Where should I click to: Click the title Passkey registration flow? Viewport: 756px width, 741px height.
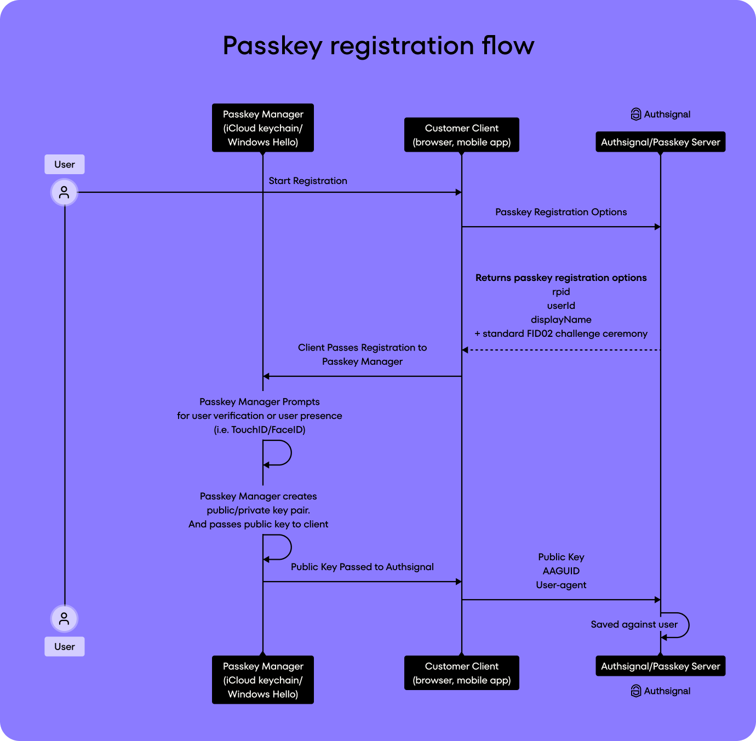pyautogui.click(x=378, y=45)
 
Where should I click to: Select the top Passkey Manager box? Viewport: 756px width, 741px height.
pyautogui.click(x=263, y=128)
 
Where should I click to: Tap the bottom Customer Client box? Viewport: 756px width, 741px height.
pyautogui.click(x=461, y=673)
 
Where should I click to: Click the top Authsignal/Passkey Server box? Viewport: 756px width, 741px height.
pyautogui.click(x=660, y=142)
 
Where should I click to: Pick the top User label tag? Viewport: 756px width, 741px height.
pyautogui.click(x=65, y=164)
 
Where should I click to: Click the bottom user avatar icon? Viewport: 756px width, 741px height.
pyautogui.click(x=65, y=618)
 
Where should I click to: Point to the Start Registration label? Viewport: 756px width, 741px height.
pyautogui.click(x=308, y=181)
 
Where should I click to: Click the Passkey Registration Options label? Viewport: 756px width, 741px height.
pyautogui.click(x=561, y=212)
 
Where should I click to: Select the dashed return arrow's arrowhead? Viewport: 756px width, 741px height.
pyautogui.click(x=465, y=350)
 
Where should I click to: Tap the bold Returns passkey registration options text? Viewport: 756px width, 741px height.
pyautogui.click(x=561, y=278)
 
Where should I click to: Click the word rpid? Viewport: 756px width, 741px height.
pyautogui.click(x=561, y=292)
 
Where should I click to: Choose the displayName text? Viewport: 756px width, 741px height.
pyautogui.click(x=561, y=320)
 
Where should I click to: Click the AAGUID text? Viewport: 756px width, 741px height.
pyautogui.click(x=561, y=571)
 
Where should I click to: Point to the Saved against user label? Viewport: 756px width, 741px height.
pyautogui.click(x=634, y=624)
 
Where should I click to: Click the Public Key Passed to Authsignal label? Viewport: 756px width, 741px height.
pyautogui.click(x=362, y=567)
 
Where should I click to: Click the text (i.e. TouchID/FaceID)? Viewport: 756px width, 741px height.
pyautogui.click(x=260, y=430)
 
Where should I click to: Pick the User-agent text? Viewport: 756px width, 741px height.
pyautogui.click(x=561, y=585)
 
